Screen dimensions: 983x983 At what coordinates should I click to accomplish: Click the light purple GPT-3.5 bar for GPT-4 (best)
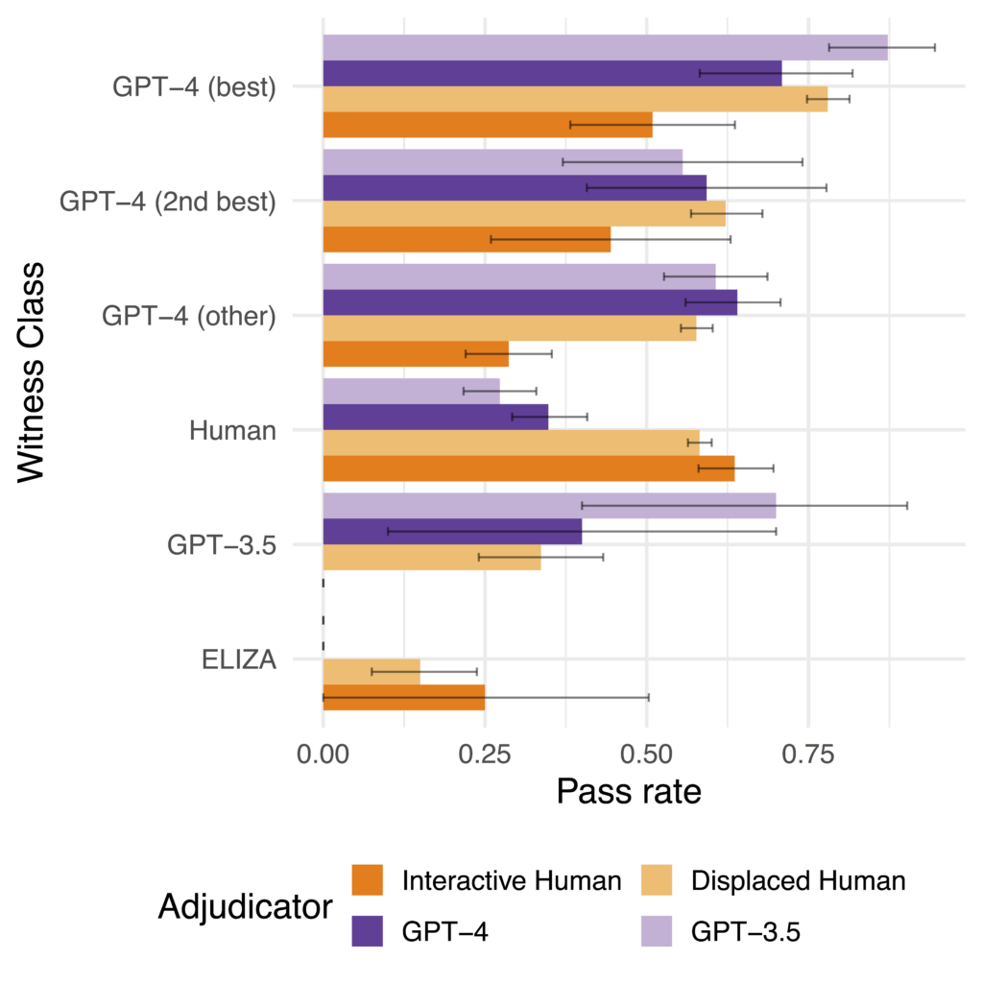605,47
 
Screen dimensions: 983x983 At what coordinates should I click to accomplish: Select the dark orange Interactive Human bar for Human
528,468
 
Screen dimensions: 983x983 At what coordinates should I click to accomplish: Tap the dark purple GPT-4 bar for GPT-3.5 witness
452,531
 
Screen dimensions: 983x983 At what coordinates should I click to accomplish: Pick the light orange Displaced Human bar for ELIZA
372,672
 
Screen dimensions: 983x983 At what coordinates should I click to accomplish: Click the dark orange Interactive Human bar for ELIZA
403,697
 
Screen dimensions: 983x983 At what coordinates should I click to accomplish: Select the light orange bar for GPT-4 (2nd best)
524,213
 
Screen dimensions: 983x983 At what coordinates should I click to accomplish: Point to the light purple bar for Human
411,391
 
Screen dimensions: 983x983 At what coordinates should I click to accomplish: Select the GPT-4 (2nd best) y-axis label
168,203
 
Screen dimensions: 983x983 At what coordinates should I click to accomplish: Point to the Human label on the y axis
233,431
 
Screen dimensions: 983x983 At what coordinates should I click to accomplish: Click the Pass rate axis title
628,792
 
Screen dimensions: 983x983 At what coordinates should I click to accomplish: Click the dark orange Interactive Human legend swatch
368,880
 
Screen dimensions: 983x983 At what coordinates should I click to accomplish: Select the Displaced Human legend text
798,880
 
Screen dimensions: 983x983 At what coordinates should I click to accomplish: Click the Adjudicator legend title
245,906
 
